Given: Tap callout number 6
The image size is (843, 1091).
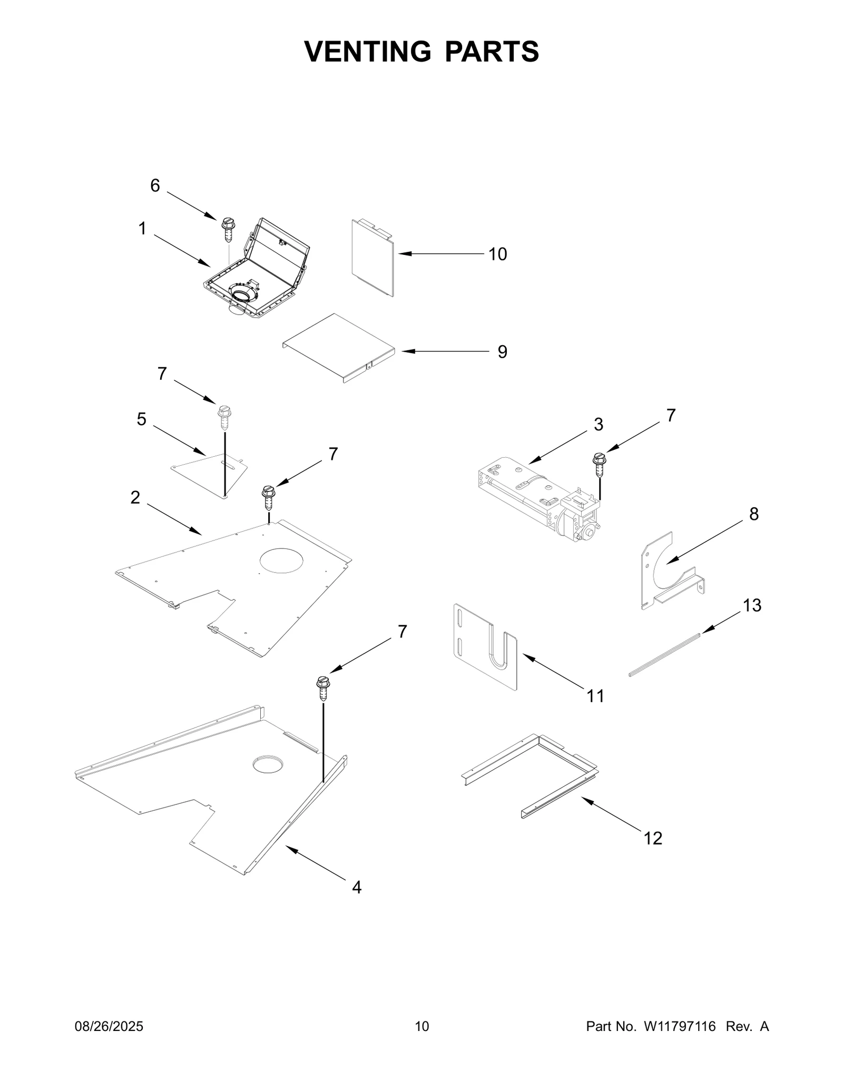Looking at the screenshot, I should [155, 185].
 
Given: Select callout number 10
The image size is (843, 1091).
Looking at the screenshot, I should [497, 254].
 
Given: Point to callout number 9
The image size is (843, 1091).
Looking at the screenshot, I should [502, 352].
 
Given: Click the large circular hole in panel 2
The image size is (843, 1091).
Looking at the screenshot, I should [282, 560].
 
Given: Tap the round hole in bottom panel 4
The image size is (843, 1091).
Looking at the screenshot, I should [268, 764].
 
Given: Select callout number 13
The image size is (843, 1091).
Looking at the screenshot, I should [752, 606].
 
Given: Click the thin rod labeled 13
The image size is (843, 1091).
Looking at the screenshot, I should [665, 655].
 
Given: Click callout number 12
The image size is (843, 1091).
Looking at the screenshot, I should [653, 838].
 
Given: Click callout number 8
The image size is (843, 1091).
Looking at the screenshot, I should [753, 514].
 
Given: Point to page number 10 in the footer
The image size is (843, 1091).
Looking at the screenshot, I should [421, 1041].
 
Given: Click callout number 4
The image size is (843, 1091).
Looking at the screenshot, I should [357, 888].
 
